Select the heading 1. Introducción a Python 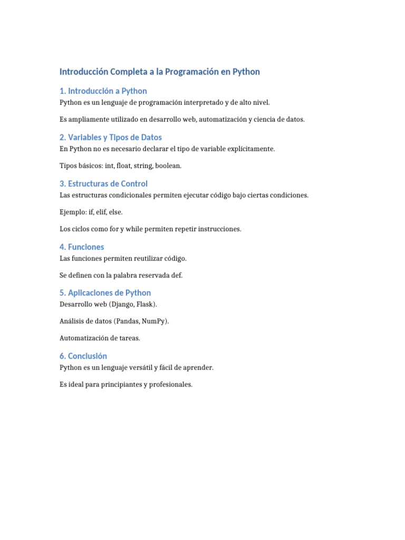click(103, 91)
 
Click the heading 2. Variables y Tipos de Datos click(111, 138)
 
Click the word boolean click(168, 166)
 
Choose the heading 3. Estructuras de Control click(103, 184)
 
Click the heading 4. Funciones click(82, 247)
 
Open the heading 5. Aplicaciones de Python click(105, 293)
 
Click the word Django click(123, 304)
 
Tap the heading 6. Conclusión click(83, 356)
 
